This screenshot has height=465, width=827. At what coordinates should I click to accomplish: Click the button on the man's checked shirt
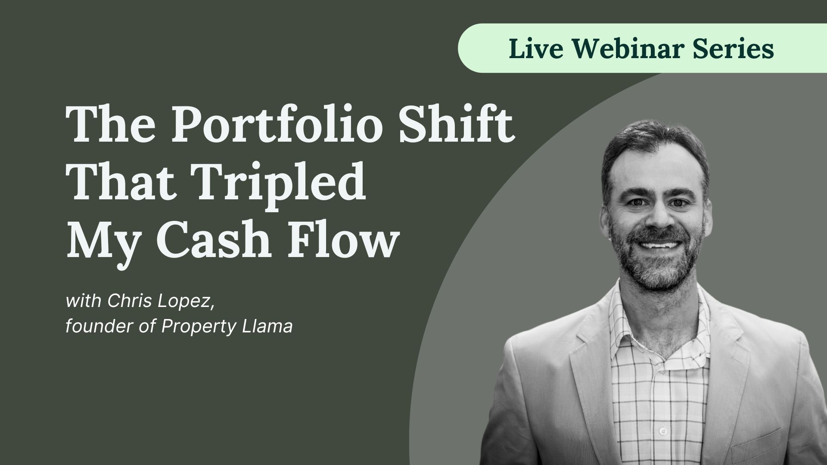pos(663,431)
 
